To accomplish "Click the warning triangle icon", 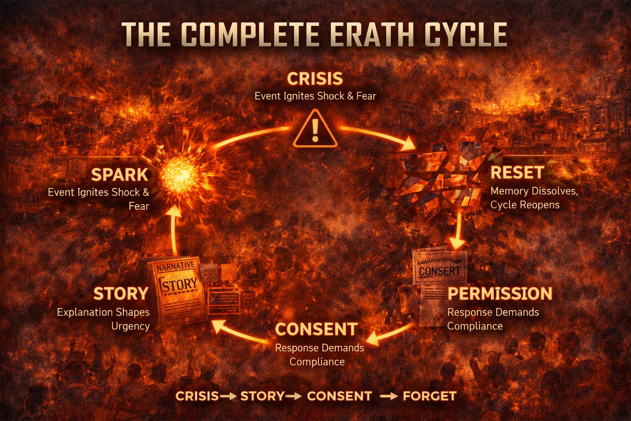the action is click(315, 130).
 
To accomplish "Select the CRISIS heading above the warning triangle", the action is click(315, 78).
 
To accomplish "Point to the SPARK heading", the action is click(120, 175).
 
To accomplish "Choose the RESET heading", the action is click(517, 172).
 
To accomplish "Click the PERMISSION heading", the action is click(500, 294).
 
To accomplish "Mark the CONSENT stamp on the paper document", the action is click(440, 271).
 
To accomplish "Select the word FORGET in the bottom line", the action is click(429, 396).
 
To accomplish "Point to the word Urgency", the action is click(131, 326).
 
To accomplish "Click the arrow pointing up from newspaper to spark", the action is click(175, 230).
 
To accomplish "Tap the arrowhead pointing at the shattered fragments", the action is click(409, 144).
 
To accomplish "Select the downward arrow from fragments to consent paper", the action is click(457, 230).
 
